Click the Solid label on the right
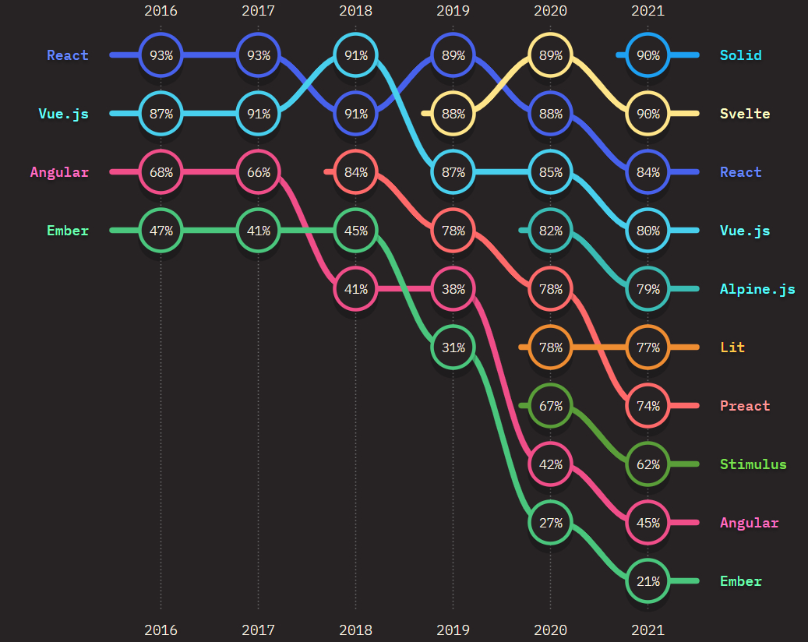pyautogui.click(x=740, y=55)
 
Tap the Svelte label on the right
pyautogui.click(x=745, y=114)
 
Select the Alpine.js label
pyautogui.click(x=757, y=289)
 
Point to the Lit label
pyautogui.click(x=732, y=347)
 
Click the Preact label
pyautogui.click(x=745, y=406)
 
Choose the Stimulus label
pyautogui.click(x=753, y=464)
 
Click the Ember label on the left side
pyautogui.click(x=68, y=231)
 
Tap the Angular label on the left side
pyautogui.click(x=59, y=172)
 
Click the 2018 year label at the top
pyautogui.click(x=356, y=11)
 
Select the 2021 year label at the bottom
pyautogui.click(x=647, y=630)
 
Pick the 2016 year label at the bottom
pyautogui.click(x=161, y=630)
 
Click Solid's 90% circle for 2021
pyautogui.click(x=647, y=55)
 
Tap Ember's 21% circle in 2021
pyautogui.click(x=647, y=581)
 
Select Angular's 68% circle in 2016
pyautogui.click(x=161, y=172)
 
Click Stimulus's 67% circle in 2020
pyautogui.click(x=550, y=406)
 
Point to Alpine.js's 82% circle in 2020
pyautogui.click(x=550, y=231)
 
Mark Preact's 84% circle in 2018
pyautogui.click(x=356, y=172)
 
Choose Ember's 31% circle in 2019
pyautogui.click(x=453, y=347)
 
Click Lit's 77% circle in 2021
pyautogui.click(x=647, y=347)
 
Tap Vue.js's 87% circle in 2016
pyautogui.click(x=161, y=114)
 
